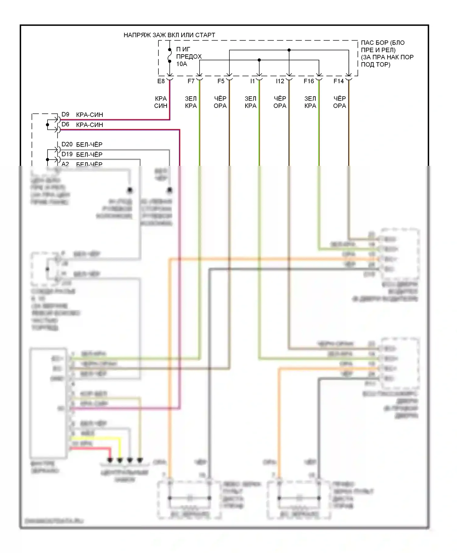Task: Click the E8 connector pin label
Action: [x=161, y=81]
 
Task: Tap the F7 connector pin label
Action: [x=191, y=81]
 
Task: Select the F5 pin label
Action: [x=221, y=81]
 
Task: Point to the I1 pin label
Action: [x=252, y=81]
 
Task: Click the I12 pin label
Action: [x=280, y=81]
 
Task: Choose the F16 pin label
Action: [x=309, y=81]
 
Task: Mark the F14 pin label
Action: [x=338, y=81]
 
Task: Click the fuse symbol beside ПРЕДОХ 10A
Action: [x=170, y=55]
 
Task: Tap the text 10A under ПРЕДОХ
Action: [x=182, y=64]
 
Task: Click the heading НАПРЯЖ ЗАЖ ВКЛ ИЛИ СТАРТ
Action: [x=169, y=35]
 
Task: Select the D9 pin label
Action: [x=66, y=114]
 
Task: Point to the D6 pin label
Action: [x=66, y=124]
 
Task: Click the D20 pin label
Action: [x=67, y=144]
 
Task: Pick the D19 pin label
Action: [x=67, y=154]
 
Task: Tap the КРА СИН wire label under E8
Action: [x=161, y=102]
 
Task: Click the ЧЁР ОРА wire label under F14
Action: [x=339, y=102]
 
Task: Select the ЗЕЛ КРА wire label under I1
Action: [x=250, y=102]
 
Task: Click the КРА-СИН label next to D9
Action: [x=90, y=115]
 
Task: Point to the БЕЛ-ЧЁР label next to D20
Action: [x=89, y=144]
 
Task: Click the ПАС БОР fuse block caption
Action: [x=387, y=53]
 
